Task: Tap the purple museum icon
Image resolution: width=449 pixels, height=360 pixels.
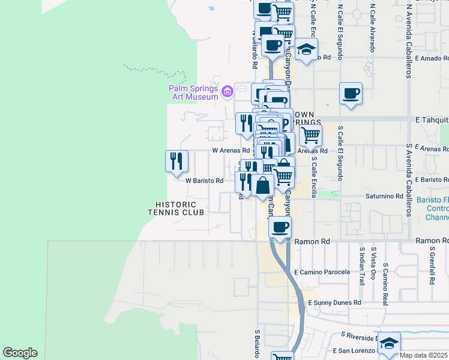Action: point(227,92)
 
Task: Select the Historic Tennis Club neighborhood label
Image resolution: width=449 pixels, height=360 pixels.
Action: point(176,208)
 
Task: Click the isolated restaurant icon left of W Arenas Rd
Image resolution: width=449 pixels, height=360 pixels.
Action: point(176,161)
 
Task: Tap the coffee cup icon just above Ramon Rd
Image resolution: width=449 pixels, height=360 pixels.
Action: point(280,227)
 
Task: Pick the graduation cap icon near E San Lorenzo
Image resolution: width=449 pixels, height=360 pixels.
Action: point(389,343)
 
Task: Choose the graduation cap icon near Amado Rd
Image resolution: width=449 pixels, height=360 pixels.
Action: point(306,50)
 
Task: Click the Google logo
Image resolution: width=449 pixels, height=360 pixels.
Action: point(20,353)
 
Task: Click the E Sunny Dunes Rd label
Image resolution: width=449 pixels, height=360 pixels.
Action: point(334,304)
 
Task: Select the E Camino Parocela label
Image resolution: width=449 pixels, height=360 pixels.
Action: point(322,272)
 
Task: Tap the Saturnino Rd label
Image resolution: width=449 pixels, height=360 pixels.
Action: point(384,196)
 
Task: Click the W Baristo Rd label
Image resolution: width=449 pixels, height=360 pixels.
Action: point(204,180)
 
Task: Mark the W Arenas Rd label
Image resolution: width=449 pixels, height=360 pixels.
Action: point(231,151)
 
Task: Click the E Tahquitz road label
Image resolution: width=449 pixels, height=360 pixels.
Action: point(431,121)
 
